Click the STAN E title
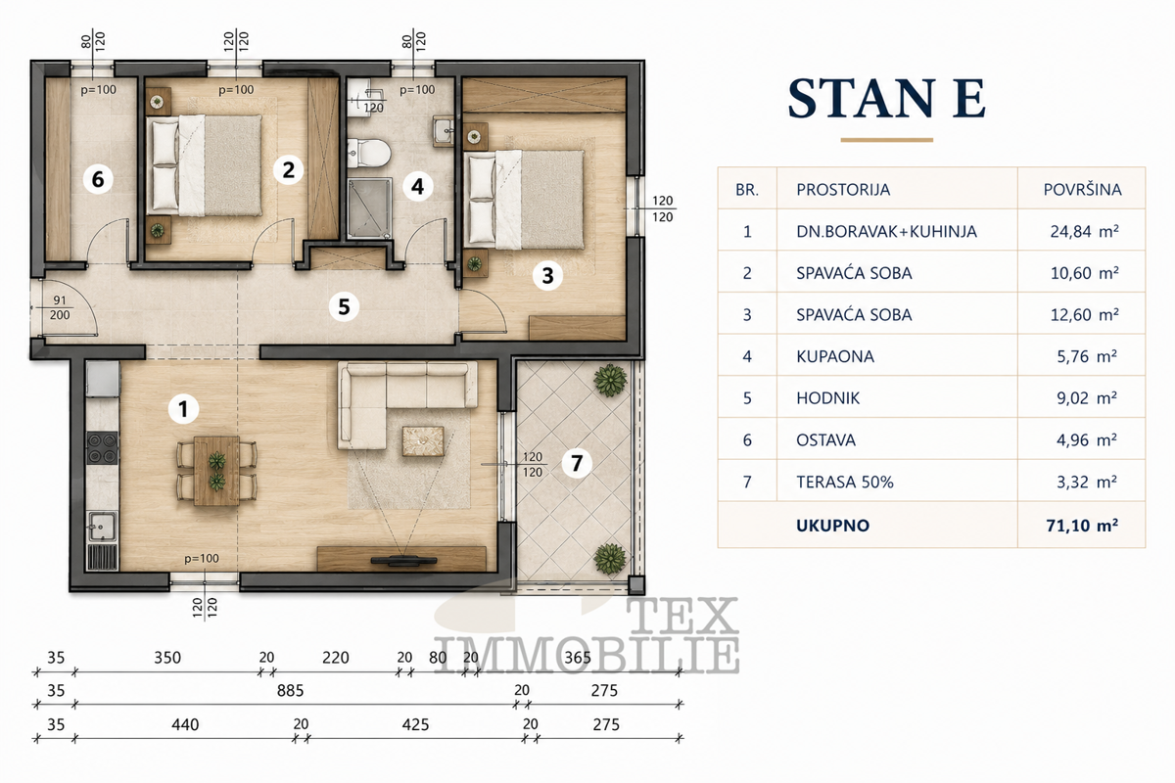coord(886,99)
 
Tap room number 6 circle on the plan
coord(98,179)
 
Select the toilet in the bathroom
coord(369,153)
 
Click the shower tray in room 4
coord(370,208)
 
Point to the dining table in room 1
coord(216,471)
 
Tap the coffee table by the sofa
coord(423,441)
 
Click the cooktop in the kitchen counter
coord(102,448)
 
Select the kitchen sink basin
coord(101,527)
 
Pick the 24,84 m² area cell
coord(1084,231)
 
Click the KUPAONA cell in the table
coord(835,356)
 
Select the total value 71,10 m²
coord(1082,525)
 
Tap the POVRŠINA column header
coord(1082,189)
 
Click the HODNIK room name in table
coord(827,398)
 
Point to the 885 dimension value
coord(290,691)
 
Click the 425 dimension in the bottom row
coord(415,725)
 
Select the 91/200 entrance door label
coord(60,308)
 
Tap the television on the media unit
coord(403,560)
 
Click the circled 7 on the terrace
coord(577,463)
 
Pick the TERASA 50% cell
coord(844,482)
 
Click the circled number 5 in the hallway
coord(344,306)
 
